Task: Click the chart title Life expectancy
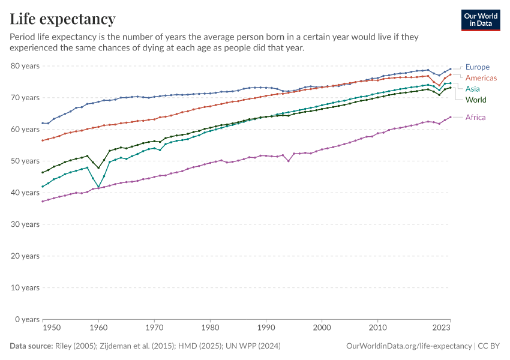point(63,19)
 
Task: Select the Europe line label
point(478,67)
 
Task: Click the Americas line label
point(481,78)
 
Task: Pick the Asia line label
point(473,89)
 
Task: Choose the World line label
point(476,100)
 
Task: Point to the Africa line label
point(476,118)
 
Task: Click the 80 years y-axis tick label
point(25,66)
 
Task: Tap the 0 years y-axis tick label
point(27,319)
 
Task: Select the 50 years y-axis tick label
point(25,161)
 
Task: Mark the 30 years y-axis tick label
point(25,224)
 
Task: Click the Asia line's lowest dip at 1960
point(98,187)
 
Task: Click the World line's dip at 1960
point(98,168)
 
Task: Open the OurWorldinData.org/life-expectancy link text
point(408,346)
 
